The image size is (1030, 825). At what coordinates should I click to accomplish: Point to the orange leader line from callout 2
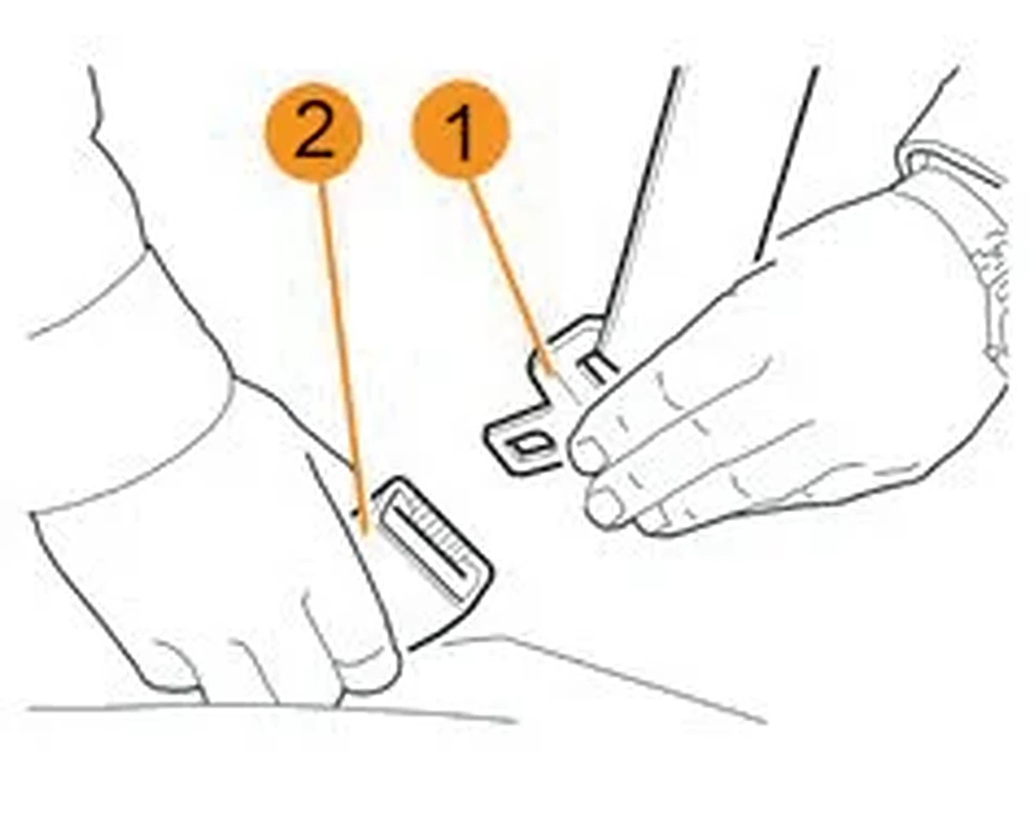(343, 357)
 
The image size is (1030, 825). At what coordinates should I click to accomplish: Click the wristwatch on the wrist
(957, 249)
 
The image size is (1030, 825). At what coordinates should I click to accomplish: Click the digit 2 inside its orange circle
(313, 130)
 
